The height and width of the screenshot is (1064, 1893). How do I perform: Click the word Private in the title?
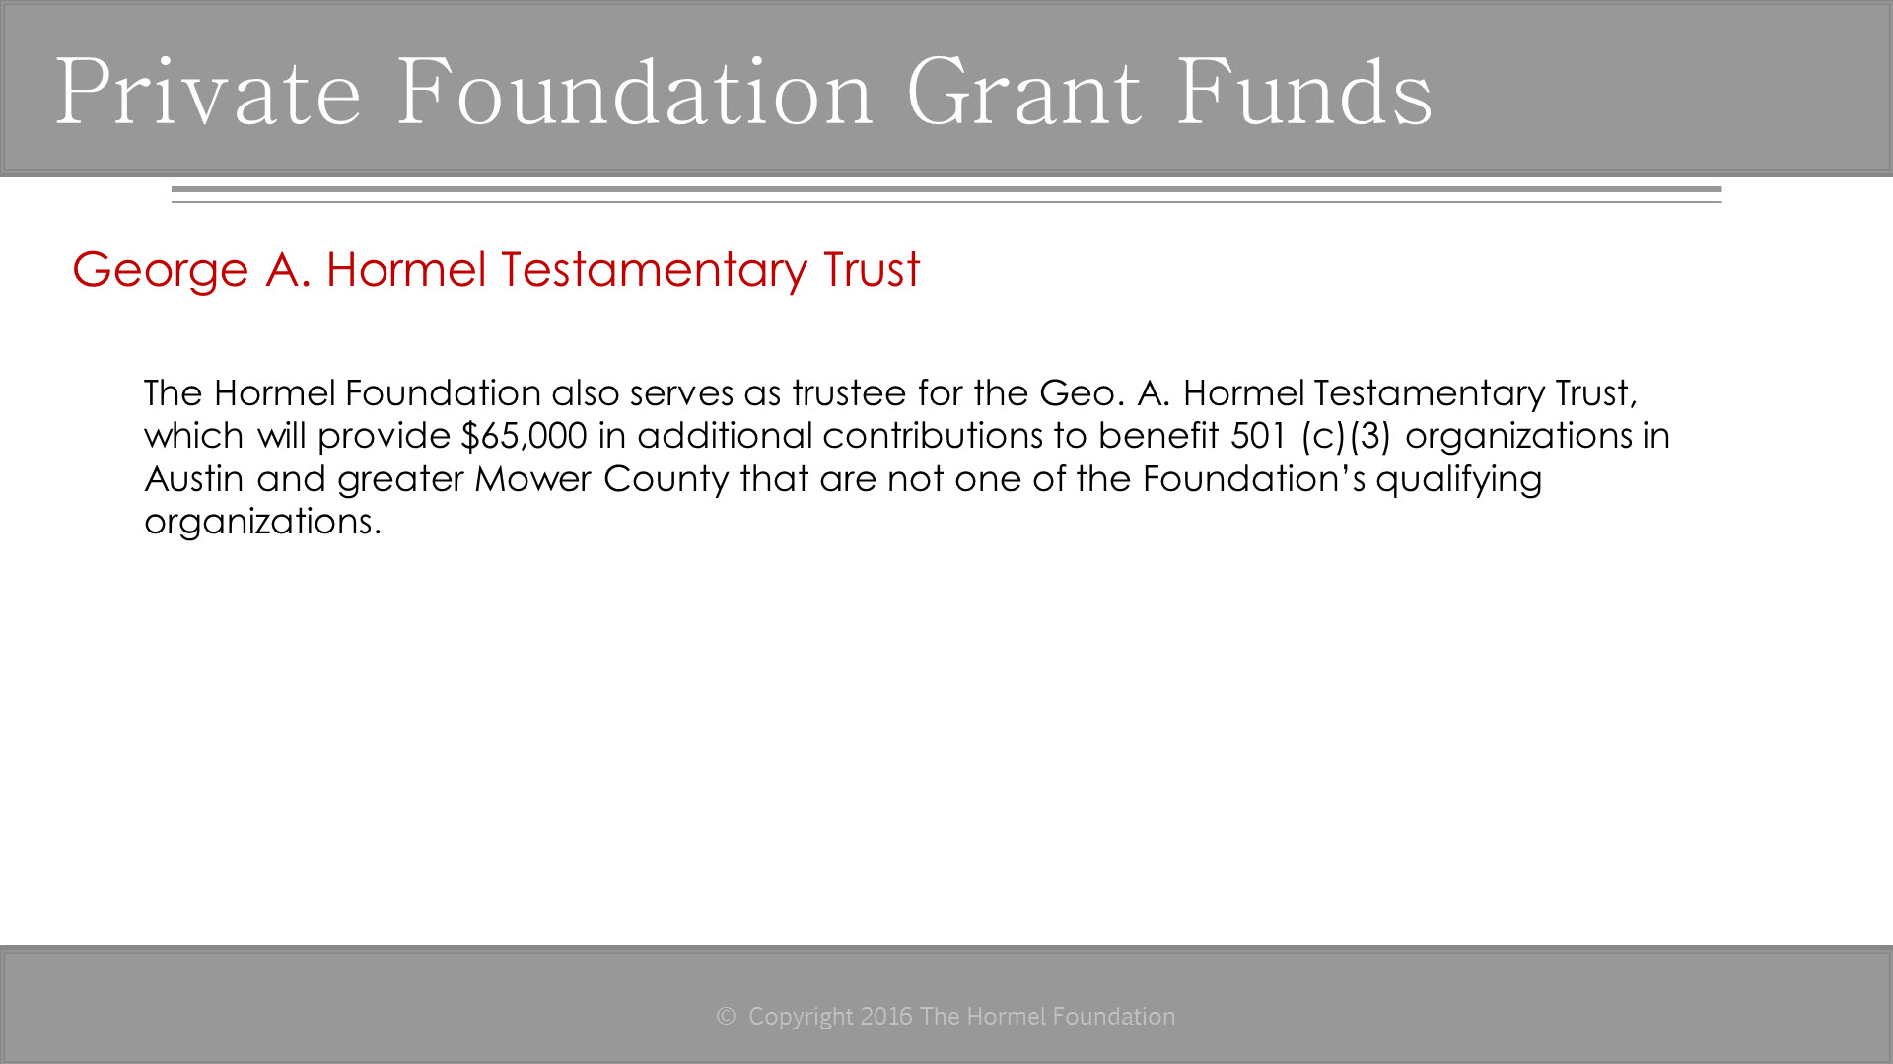[209, 92]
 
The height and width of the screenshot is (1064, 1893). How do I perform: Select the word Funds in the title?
[1304, 92]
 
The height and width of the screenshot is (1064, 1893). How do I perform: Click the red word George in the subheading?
[161, 271]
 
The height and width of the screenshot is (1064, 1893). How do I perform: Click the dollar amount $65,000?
[525, 436]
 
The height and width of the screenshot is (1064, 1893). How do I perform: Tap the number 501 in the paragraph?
[1259, 436]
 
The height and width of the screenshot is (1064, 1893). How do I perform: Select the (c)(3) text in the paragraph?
[1346, 437]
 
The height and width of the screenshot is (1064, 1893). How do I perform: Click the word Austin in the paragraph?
[194, 479]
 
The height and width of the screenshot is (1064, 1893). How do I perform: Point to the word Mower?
[533, 479]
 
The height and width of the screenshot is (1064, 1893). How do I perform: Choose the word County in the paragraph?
[666, 480]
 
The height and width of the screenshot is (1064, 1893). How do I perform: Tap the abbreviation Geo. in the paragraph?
[1083, 393]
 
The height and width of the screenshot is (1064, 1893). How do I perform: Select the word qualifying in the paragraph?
[1459, 480]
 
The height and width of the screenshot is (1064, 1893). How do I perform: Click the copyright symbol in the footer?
[726, 1017]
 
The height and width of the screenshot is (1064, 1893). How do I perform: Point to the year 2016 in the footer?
[886, 1017]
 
